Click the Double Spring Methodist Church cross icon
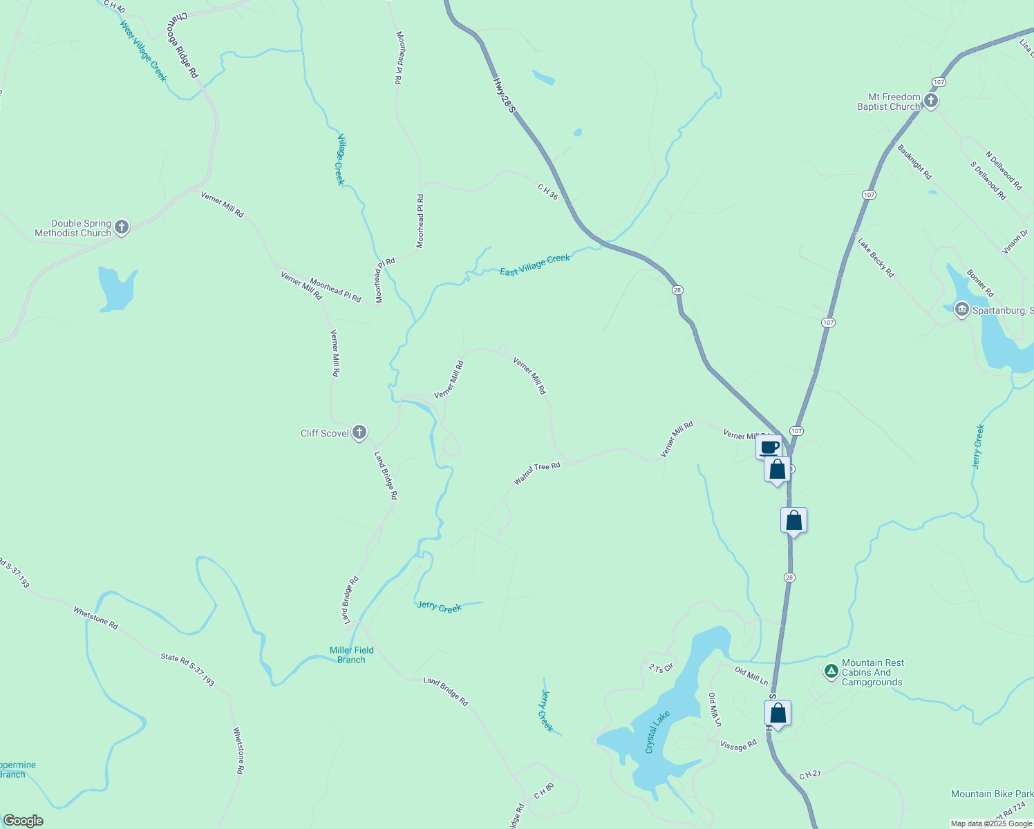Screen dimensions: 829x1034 pyautogui.click(x=122, y=227)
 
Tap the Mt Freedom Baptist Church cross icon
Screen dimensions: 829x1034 pyautogui.click(x=931, y=102)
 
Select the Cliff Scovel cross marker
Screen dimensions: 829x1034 pyautogui.click(x=359, y=433)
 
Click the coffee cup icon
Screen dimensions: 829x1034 pyautogui.click(x=769, y=447)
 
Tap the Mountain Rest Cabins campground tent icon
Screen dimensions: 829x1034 pyautogui.click(x=831, y=671)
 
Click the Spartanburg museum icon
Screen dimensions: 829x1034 pyautogui.click(x=961, y=309)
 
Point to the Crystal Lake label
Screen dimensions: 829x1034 pyautogui.click(x=657, y=732)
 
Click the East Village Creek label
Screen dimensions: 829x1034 pyautogui.click(x=535, y=265)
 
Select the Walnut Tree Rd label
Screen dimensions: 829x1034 pyautogui.click(x=537, y=473)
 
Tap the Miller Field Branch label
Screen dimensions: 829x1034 pyautogui.click(x=351, y=655)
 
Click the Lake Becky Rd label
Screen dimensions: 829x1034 pyautogui.click(x=876, y=258)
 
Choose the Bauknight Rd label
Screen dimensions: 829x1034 pyautogui.click(x=914, y=162)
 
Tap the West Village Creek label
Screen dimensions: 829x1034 pyautogui.click(x=144, y=51)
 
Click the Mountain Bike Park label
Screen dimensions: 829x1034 pyautogui.click(x=992, y=794)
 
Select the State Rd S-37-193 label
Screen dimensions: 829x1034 pyautogui.click(x=187, y=670)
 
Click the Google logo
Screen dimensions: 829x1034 pyautogui.click(x=23, y=821)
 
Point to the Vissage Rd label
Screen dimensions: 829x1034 pyautogui.click(x=738, y=745)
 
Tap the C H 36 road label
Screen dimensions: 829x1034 pyautogui.click(x=547, y=191)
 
